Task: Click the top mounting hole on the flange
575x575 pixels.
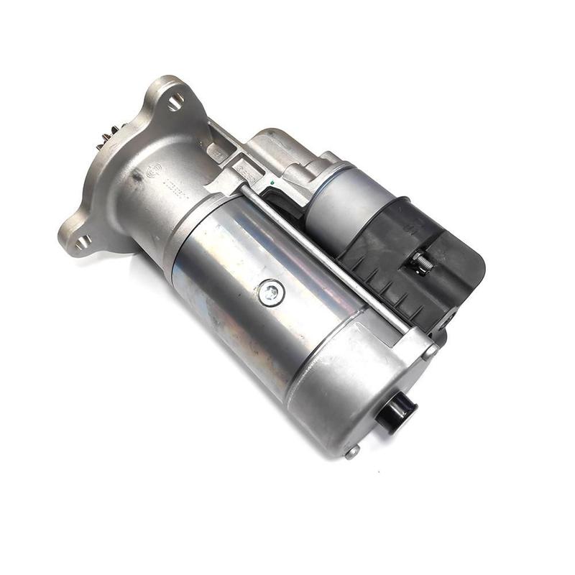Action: click(175, 102)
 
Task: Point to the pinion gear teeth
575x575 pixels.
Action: click(106, 137)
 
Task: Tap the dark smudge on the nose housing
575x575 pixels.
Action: click(134, 175)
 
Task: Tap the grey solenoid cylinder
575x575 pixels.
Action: click(344, 202)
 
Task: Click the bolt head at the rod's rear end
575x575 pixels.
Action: click(429, 351)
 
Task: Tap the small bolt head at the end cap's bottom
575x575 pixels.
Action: click(351, 451)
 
